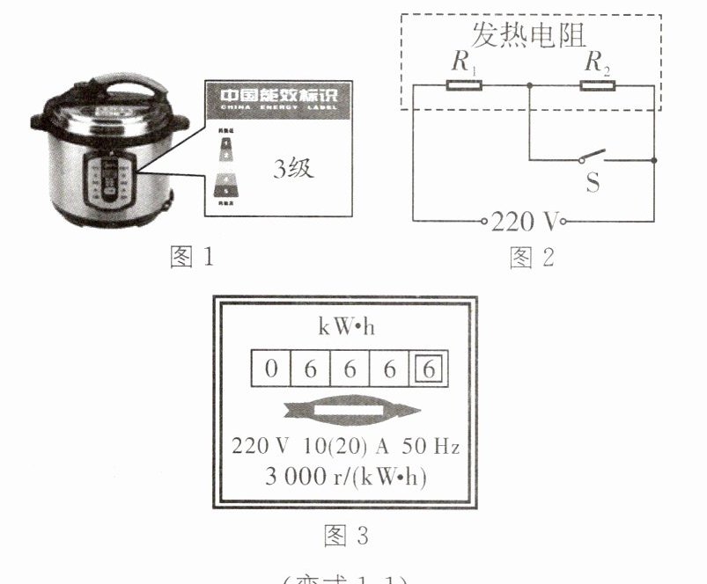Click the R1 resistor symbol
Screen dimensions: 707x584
point(464,85)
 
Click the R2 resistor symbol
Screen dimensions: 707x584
point(598,85)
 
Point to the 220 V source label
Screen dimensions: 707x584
point(525,221)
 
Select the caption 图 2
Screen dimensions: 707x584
point(533,257)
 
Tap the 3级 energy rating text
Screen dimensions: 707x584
point(292,169)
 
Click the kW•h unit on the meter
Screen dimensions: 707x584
point(345,326)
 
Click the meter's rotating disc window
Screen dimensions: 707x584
point(347,411)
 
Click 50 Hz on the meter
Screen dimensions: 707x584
point(438,446)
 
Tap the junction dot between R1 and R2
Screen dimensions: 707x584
point(529,85)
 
